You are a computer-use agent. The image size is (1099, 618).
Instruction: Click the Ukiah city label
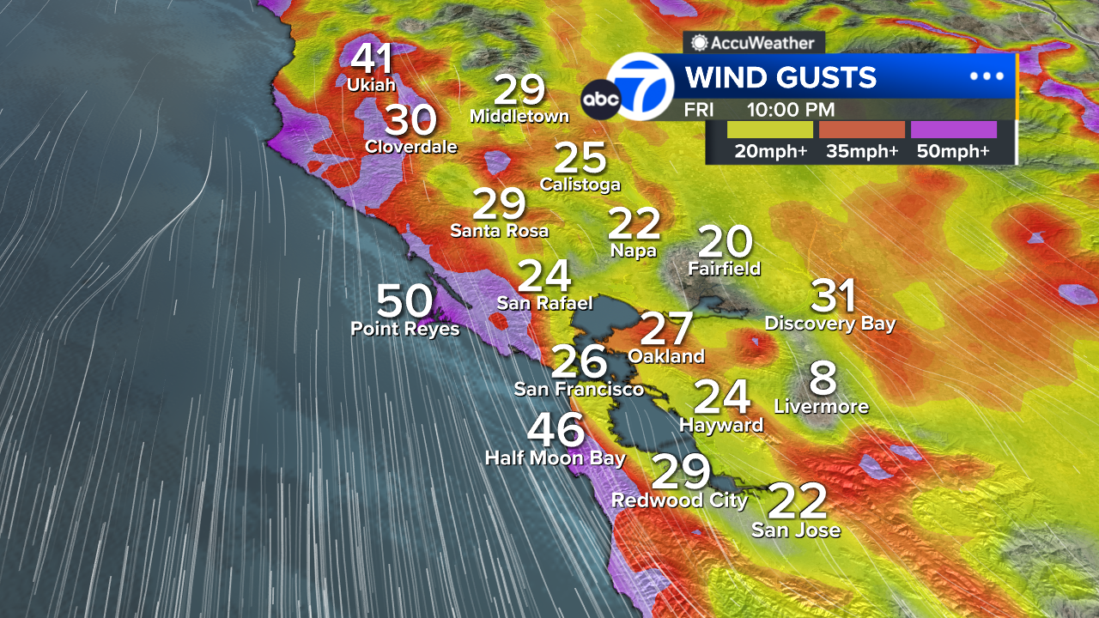click(371, 85)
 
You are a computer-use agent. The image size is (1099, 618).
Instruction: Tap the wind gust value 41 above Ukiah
click(373, 59)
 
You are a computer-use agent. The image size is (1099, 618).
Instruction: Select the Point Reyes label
click(405, 329)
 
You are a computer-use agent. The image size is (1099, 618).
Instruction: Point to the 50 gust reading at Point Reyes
click(405, 301)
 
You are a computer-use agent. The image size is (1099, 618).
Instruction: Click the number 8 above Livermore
click(823, 379)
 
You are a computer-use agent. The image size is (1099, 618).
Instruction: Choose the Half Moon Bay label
click(555, 458)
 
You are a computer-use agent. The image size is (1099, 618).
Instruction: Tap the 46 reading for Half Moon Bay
click(556, 431)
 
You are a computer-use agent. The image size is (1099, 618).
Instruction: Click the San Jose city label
click(796, 530)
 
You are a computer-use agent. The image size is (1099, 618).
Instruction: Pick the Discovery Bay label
click(830, 324)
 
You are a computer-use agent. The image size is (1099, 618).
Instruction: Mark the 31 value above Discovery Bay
click(834, 296)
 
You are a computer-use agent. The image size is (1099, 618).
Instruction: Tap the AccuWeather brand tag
click(754, 42)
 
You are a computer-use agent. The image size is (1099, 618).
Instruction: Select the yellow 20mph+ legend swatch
click(769, 130)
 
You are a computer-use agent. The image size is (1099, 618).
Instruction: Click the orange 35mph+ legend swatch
click(862, 130)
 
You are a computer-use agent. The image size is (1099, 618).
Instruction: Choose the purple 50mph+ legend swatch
click(953, 130)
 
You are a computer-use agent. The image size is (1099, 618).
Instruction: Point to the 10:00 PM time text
click(790, 110)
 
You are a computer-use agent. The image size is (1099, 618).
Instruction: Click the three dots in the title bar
click(987, 76)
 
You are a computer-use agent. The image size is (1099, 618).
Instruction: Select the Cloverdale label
click(411, 147)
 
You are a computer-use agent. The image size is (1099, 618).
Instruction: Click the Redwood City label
click(679, 500)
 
